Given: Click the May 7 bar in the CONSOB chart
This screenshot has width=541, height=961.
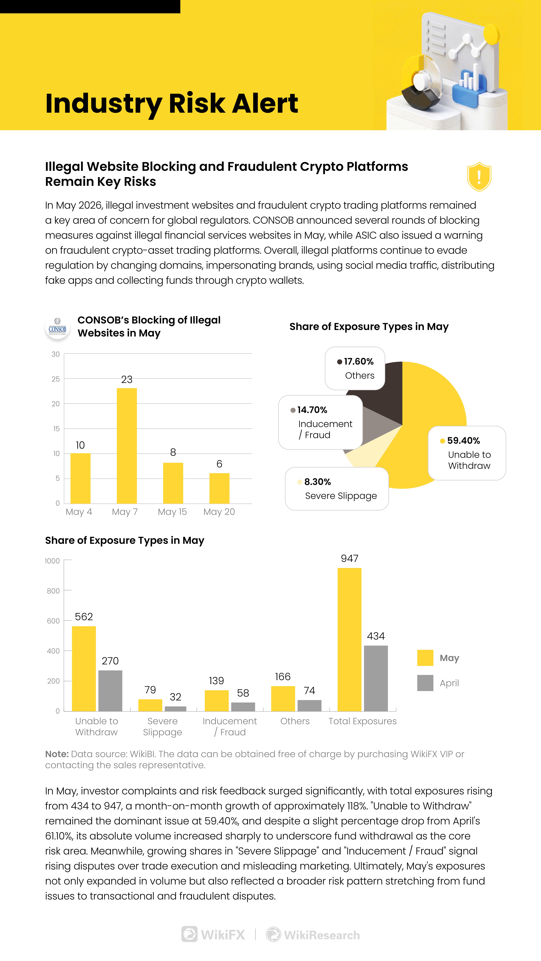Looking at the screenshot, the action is (x=127, y=446).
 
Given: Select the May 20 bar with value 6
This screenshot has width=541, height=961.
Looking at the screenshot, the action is (x=220, y=488).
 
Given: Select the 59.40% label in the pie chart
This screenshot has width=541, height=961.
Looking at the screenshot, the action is (x=463, y=441).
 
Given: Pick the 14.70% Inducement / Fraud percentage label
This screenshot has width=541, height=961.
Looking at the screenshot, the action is (x=312, y=410).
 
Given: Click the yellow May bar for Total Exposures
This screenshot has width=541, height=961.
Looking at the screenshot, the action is (x=349, y=639).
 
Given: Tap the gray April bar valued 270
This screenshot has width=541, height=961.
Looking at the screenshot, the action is (x=110, y=690).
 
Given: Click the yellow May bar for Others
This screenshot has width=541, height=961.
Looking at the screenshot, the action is (x=283, y=698).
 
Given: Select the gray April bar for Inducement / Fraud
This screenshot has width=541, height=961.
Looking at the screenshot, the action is (x=243, y=707).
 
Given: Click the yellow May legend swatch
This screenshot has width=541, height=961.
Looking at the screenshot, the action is (x=425, y=658).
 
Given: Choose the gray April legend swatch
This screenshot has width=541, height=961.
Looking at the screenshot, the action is (x=425, y=683).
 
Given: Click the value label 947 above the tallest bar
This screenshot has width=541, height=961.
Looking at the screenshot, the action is (x=349, y=558).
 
